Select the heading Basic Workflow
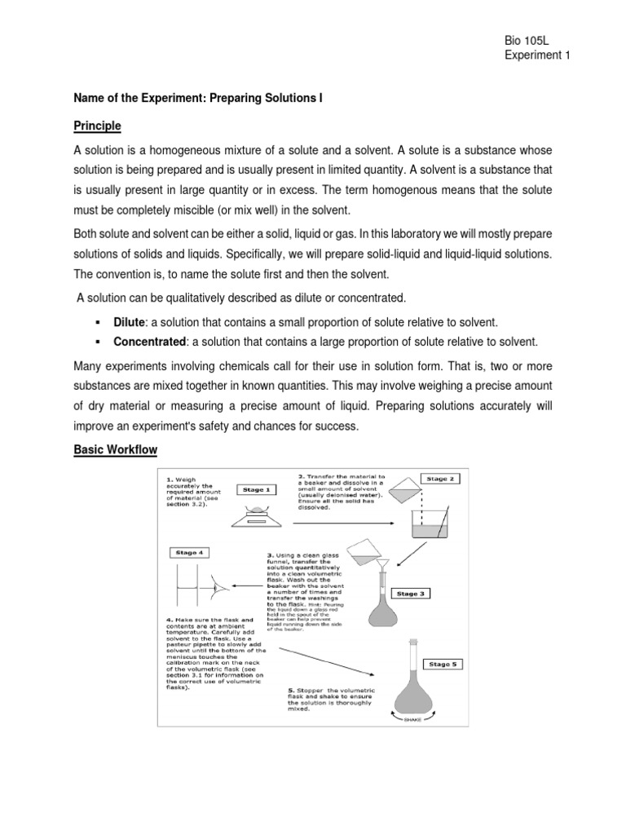tap(115, 449)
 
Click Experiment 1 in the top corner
tap(537, 55)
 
